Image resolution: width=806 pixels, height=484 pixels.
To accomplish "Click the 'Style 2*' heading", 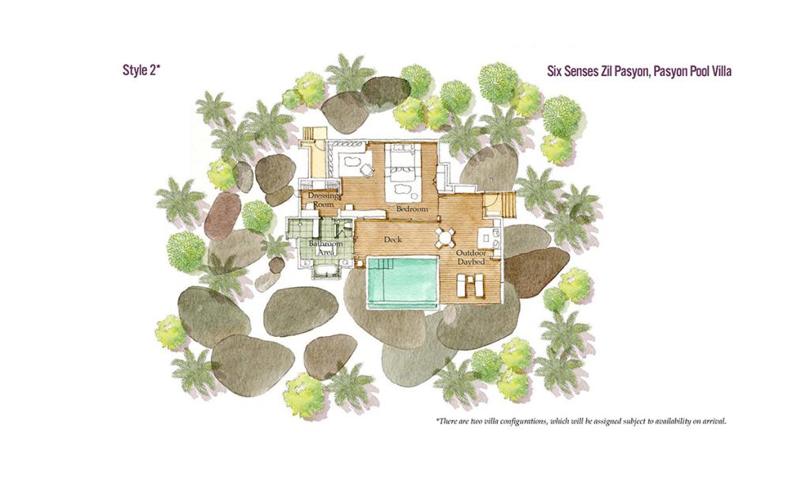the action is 141,70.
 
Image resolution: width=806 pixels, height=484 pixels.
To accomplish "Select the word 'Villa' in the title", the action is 720,71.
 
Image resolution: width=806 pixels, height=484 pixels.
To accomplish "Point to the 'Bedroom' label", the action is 412,210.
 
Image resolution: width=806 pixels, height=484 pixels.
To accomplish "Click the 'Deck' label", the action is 393,240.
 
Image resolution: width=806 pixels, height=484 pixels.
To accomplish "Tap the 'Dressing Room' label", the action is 323,200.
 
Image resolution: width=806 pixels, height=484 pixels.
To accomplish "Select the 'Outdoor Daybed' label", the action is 472,257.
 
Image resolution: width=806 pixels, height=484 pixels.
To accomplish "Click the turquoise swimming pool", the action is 402,282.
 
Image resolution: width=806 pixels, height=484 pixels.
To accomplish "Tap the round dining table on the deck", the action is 445,237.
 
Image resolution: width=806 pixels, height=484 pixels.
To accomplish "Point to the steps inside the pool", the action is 379,263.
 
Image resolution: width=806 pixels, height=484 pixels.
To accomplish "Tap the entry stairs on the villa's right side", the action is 509,204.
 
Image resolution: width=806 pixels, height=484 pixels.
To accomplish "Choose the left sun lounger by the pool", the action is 462,285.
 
